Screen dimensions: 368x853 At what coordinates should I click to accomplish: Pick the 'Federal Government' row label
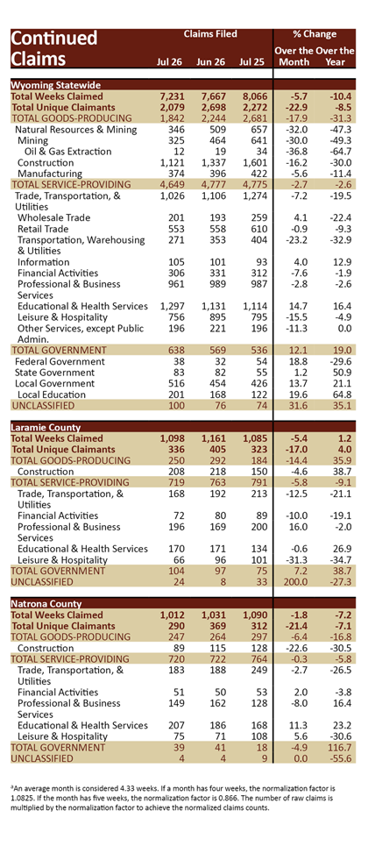[60, 361]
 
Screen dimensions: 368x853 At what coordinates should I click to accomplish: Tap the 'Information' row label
[43, 261]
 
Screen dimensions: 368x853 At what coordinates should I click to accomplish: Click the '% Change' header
[315, 34]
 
